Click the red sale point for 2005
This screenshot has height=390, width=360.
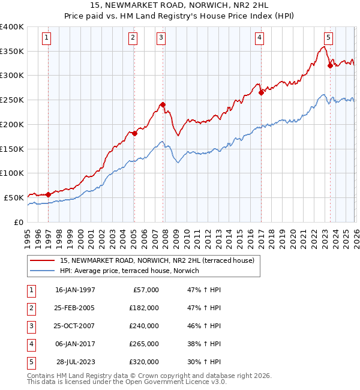coord(134,133)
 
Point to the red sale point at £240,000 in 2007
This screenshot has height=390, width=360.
coord(163,104)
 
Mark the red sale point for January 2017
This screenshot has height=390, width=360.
coord(261,92)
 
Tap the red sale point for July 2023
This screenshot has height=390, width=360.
coord(330,65)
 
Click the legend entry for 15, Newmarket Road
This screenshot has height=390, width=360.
coord(157,260)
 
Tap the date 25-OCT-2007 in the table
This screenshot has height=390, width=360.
coord(75,326)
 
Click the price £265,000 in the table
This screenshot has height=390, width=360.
coord(144,344)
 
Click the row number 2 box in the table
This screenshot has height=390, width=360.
coord(30,308)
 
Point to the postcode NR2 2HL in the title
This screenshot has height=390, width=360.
coord(246,7)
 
